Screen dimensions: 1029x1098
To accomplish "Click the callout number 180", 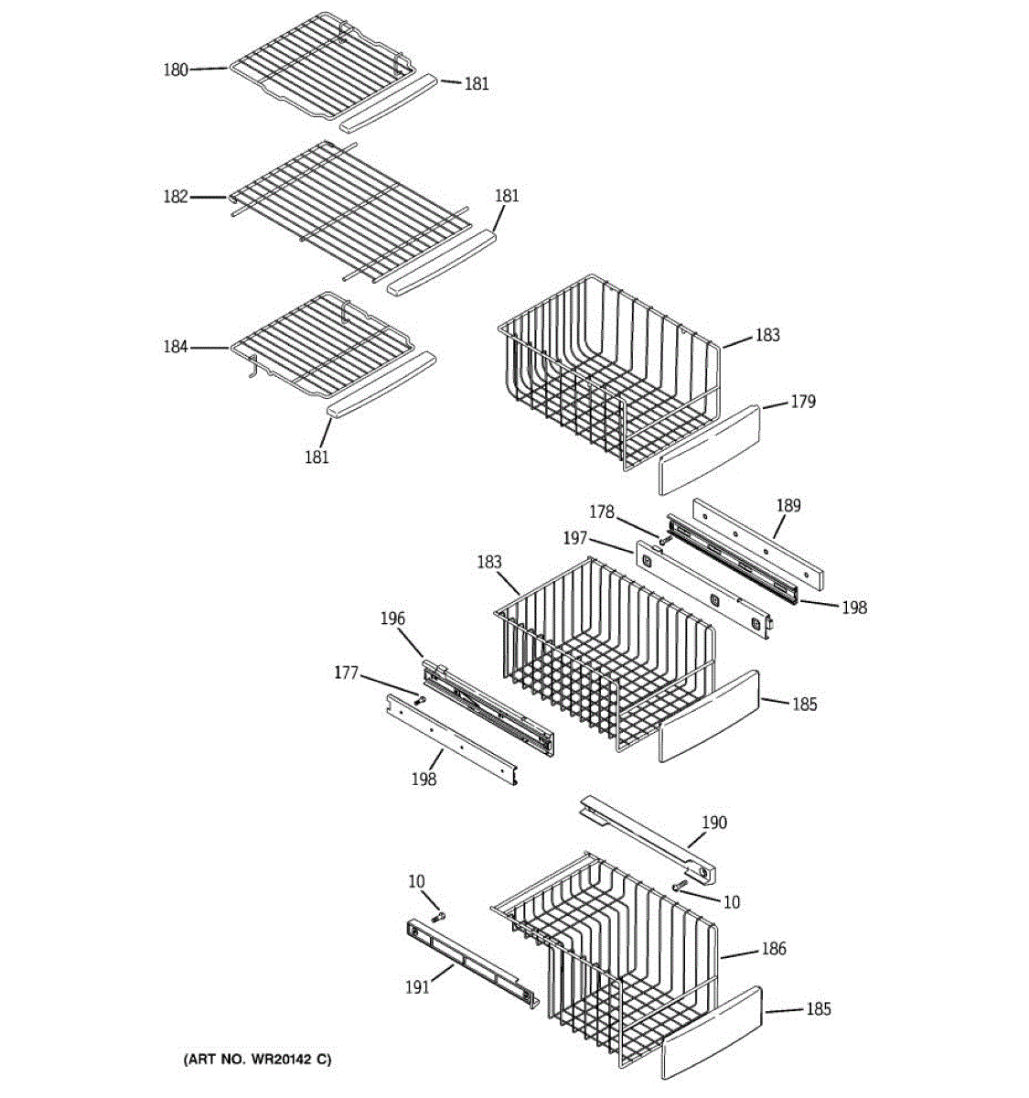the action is click(176, 70).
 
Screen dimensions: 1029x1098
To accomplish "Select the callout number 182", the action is click(176, 197).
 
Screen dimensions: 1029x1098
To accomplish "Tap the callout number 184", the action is click(176, 347).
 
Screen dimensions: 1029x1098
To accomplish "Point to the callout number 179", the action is click(803, 402).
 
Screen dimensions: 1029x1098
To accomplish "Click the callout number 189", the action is click(788, 505).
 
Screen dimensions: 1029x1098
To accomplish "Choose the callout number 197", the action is click(575, 538).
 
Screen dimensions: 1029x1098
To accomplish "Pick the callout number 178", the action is click(602, 512).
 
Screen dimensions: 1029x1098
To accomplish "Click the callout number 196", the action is click(392, 619).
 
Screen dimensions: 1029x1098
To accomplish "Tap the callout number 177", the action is click(346, 673).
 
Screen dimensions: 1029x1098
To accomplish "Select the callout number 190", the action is click(714, 823).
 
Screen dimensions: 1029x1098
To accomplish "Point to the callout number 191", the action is click(417, 987).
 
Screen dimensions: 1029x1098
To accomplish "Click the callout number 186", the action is click(774, 949).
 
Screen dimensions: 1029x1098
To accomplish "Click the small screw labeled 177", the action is click(420, 701).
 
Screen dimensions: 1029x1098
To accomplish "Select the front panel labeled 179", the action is click(708, 450).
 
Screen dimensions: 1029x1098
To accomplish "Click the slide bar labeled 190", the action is click(648, 840).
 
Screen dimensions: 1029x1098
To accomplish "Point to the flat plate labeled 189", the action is click(758, 544).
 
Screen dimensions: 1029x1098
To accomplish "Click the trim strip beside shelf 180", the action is click(389, 103).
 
